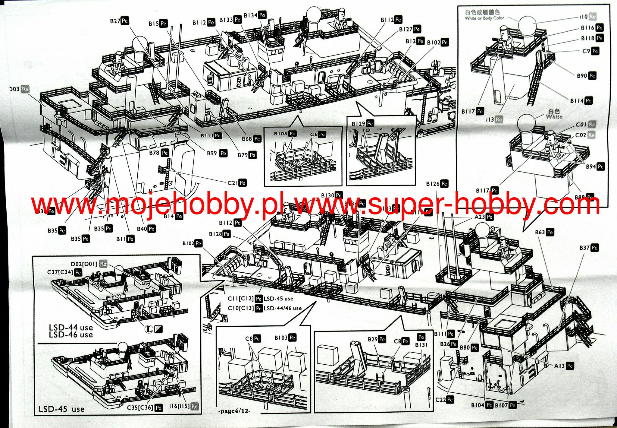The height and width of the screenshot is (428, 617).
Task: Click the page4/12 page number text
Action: pyautogui.click(x=234, y=411)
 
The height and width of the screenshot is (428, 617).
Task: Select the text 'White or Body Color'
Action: pyautogui.click(x=484, y=18)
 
